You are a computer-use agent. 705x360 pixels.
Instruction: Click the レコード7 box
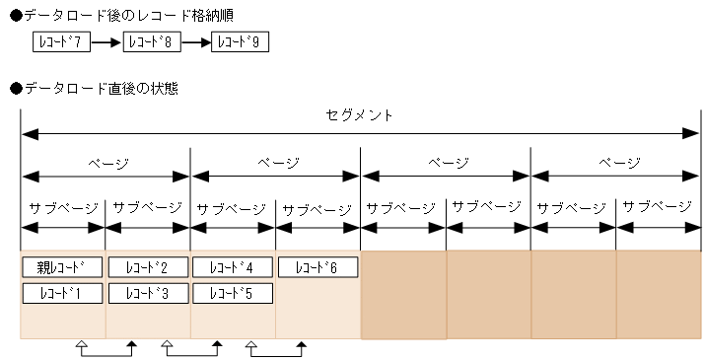point(62,43)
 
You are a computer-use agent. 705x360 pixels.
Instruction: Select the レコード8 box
point(153,43)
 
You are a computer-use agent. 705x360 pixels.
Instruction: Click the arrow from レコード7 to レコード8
point(107,43)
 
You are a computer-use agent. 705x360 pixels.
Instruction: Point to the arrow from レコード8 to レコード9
point(197,43)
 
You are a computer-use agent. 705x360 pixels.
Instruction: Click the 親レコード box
point(62,266)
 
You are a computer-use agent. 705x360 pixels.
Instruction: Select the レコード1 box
point(62,292)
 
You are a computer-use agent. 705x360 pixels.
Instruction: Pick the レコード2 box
point(147,266)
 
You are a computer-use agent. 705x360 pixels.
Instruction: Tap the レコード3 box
point(147,292)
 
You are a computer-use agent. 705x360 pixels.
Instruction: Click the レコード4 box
point(232,266)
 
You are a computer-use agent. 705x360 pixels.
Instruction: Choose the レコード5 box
point(232,292)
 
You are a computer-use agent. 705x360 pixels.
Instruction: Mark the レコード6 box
point(317,266)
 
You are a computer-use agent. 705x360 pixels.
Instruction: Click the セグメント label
point(359,115)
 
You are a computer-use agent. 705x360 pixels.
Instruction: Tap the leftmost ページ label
point(106,163)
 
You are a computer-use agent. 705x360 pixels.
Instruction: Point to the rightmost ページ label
point(615,163)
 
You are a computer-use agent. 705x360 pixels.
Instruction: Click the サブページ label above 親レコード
point(63,208)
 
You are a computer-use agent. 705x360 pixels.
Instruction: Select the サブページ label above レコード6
point(317,209)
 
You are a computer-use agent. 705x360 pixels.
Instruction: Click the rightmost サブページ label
point(658,207)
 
